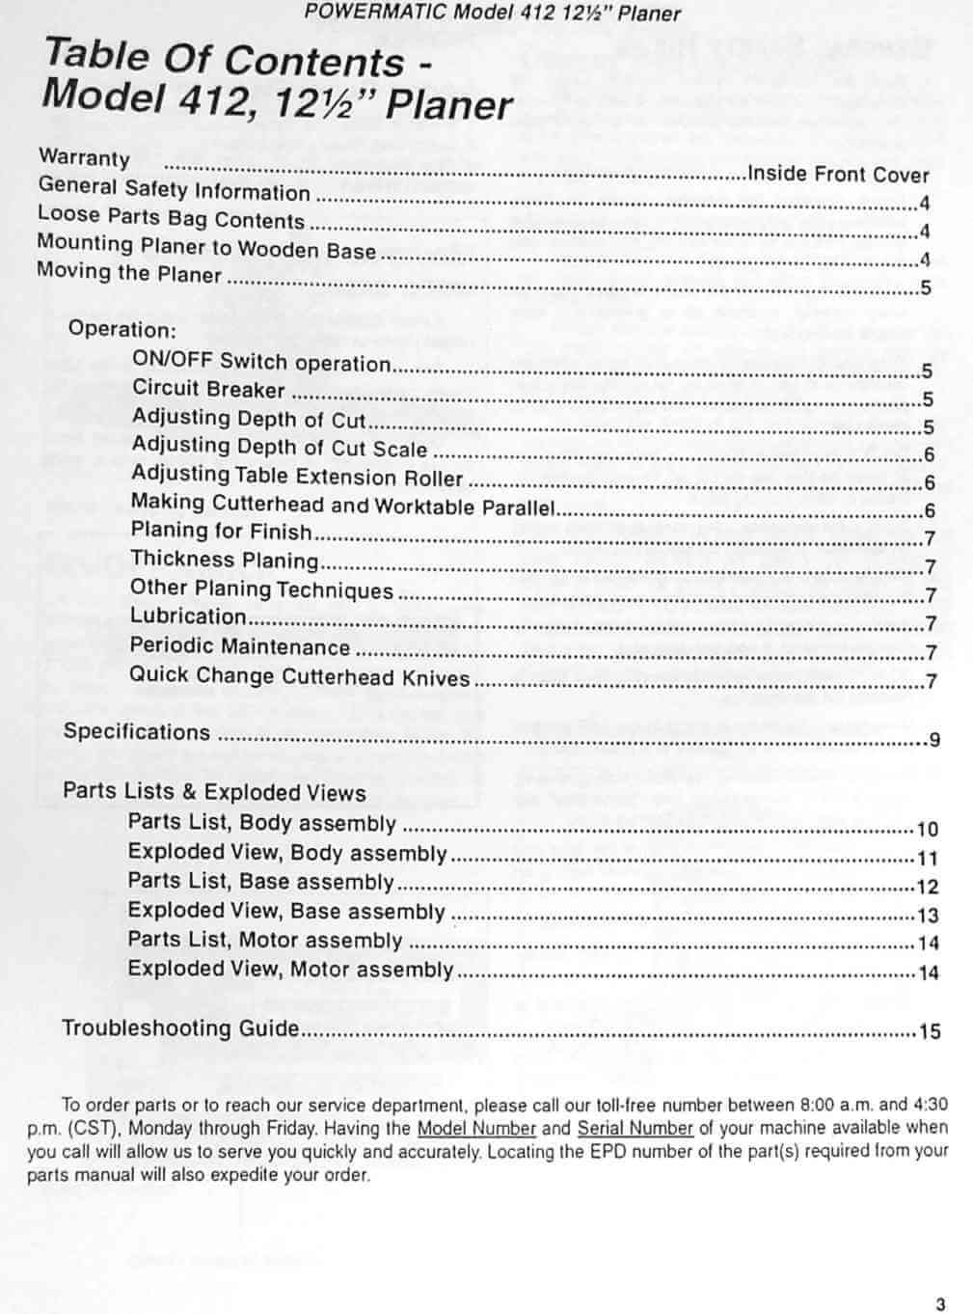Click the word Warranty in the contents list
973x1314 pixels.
click(84, 157)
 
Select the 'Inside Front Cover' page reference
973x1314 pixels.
click(838, 175)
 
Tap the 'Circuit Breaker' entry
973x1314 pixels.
click(208, 390)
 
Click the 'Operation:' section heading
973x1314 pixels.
click(122, 328)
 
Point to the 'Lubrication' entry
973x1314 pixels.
click(188, 616)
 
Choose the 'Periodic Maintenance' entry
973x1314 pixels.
click(239, 646)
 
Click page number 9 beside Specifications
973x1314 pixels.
click(933, 741)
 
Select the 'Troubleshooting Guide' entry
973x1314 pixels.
click(180, 1028)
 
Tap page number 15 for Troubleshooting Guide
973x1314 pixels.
click(929, 1031)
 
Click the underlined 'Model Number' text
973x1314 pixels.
click(476, 1128)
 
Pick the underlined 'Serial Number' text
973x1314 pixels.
click(635, 1128)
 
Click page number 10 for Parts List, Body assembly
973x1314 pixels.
click(927, 829)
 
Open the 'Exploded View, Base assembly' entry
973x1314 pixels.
click(285, 911)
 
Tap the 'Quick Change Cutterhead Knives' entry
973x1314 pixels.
click(299, 676)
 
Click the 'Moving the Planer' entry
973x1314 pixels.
click(129, 273)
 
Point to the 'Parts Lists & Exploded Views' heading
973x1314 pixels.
click(214, 792)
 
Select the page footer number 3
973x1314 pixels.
click(940, 1305)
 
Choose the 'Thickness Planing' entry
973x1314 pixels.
click(224, 560)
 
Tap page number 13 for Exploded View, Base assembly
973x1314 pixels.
click(928, 916)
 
